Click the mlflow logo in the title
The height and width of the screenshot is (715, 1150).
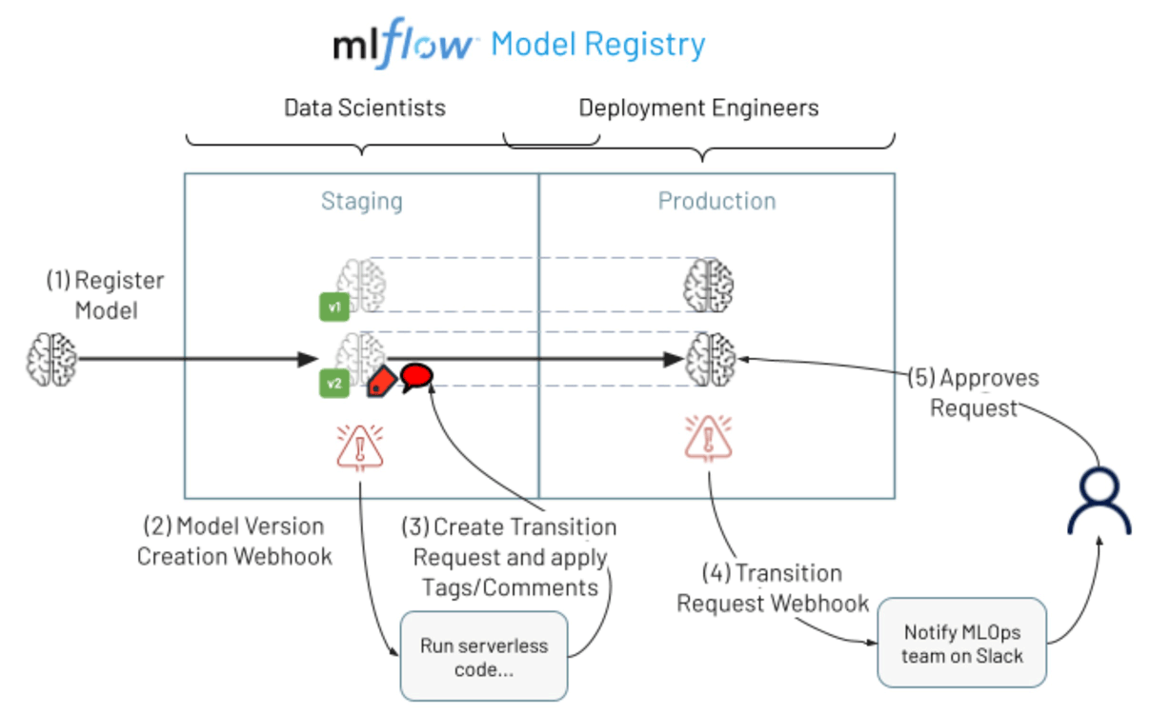[x=404, y=45]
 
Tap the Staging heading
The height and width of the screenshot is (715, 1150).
[x=362, y=201]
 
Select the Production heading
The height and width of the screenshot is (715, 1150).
[x=716, y=201]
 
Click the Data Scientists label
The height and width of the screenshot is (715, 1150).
[x=365, y=108]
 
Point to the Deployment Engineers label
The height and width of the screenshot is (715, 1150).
[x=698, y=108]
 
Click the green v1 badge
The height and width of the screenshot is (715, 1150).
[x=334, y=307]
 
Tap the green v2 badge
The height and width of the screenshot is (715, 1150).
[x=334, y=384]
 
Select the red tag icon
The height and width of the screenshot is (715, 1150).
[x=382, y=381]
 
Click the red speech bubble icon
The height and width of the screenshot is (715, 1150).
[x=416, y=377]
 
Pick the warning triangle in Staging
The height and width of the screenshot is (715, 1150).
[x=360, y=447]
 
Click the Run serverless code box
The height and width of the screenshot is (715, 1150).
[x=484, y=657]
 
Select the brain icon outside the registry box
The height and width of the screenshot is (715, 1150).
[x=50, y=358]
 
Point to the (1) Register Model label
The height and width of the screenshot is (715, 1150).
[x=106, y=295]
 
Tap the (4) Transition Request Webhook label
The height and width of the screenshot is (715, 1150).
[x=773, y=587]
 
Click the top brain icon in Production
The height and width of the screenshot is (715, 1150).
[x=710, y=283]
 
